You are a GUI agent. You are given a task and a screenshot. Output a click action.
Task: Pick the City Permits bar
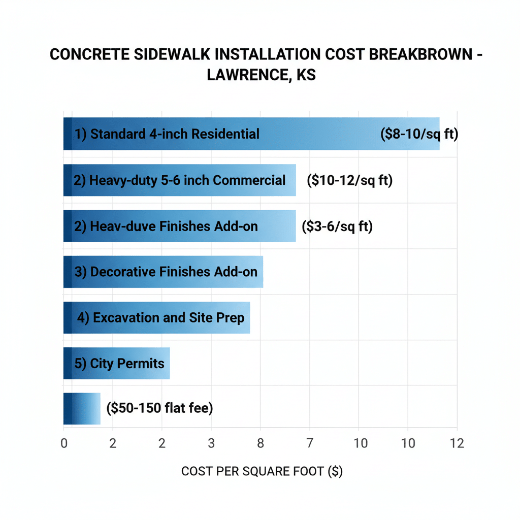click(116, 364)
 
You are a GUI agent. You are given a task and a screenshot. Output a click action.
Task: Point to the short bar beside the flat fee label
click(82, 409)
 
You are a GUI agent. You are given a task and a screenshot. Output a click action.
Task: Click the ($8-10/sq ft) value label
click(419, 135)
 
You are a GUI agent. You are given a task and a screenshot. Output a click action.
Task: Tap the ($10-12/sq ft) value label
click(350, 181)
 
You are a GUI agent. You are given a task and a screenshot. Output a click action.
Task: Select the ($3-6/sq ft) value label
click(337, 226)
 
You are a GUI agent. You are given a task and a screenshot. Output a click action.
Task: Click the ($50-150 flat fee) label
click(159, 408)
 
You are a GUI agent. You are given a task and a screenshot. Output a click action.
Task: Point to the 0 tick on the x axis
click(64, 443)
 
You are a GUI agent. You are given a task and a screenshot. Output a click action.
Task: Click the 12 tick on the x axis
click(457, 443)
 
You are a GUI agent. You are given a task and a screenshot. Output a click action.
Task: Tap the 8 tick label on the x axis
click(261, 443)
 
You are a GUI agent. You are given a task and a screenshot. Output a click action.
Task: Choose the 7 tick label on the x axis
click(309, 443)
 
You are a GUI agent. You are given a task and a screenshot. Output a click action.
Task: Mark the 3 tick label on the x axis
click(211, 443)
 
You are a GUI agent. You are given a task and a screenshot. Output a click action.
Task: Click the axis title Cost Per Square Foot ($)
click(262, 472)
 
